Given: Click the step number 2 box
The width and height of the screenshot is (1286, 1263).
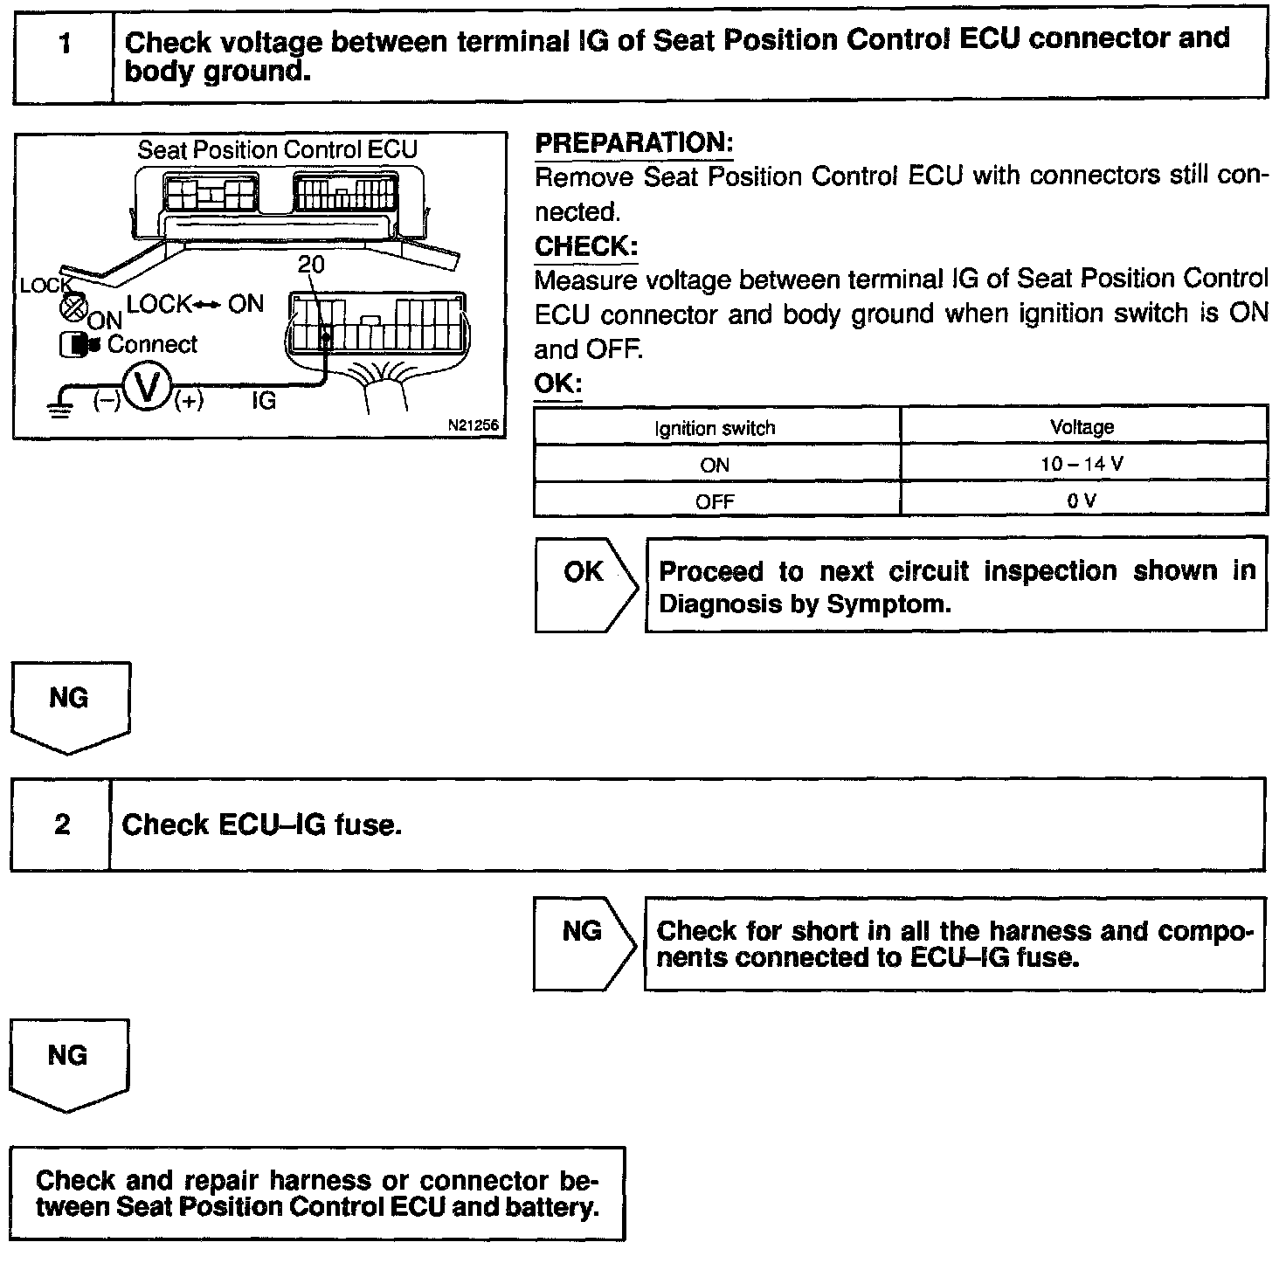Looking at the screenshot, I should tap(61, 824).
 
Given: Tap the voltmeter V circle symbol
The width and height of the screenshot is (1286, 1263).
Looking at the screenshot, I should tap(148, 389).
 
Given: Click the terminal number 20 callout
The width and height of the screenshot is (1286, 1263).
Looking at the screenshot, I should tap(310, 264).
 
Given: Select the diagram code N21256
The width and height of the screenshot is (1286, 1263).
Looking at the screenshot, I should tap(473, 425).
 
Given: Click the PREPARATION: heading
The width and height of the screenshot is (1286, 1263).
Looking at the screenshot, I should tap(633, 143).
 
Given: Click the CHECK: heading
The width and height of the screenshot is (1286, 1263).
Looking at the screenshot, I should tap(586, 246).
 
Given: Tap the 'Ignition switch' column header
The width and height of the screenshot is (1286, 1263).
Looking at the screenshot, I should tap(715, 428).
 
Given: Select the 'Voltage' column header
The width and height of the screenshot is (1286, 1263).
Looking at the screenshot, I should tap(1082, 427).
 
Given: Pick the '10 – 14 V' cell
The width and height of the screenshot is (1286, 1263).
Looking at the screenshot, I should tap(1082, 464).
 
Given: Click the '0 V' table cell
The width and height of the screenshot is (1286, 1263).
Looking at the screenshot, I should tap(1082, 500).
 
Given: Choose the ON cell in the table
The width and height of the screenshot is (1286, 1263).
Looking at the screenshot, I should tap(715, 465).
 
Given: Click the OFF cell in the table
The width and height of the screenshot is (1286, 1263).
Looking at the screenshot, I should tap(715, 501).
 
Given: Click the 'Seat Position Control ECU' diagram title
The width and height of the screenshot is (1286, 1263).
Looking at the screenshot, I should tap(278, 150).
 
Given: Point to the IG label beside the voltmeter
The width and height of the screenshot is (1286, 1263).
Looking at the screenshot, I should tap(263, 401).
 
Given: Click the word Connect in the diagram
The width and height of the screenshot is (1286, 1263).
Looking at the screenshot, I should tap(153, 344).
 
